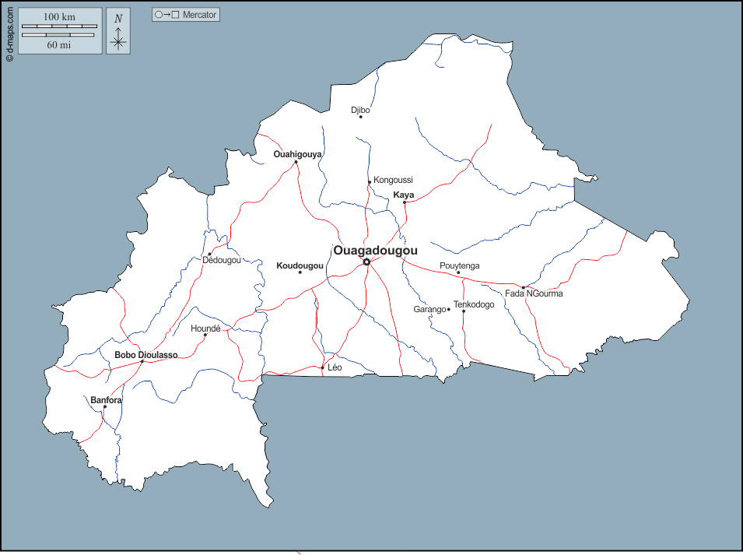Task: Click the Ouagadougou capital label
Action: [x=375, y=251]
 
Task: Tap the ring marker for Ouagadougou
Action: [x=366, y=262]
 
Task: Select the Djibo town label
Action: [x=360, y=110]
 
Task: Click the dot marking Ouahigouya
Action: [x=296, y=163]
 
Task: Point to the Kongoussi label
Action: [x=393, y=180]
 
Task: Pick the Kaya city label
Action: [x=404, y=195]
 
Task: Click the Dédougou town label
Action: [x=222, y=260]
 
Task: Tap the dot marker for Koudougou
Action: [x=300, y=272]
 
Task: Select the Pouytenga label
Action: [x=459, y=265]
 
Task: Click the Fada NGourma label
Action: [x=534, y=293]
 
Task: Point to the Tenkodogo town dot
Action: [x=464, y=311]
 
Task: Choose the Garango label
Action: [x=429, y=309]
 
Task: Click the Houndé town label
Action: [x=205, y=328]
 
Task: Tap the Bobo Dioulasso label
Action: [x=146, y=355]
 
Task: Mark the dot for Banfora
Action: [x=105, y=406]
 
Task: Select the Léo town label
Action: [x=335, y=367]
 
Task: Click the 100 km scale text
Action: [x=59, y=17]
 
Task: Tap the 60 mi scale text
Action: [x=59, y=44]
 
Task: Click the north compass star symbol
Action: [x=118, y=40]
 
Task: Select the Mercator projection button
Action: [x=186, y=15]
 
